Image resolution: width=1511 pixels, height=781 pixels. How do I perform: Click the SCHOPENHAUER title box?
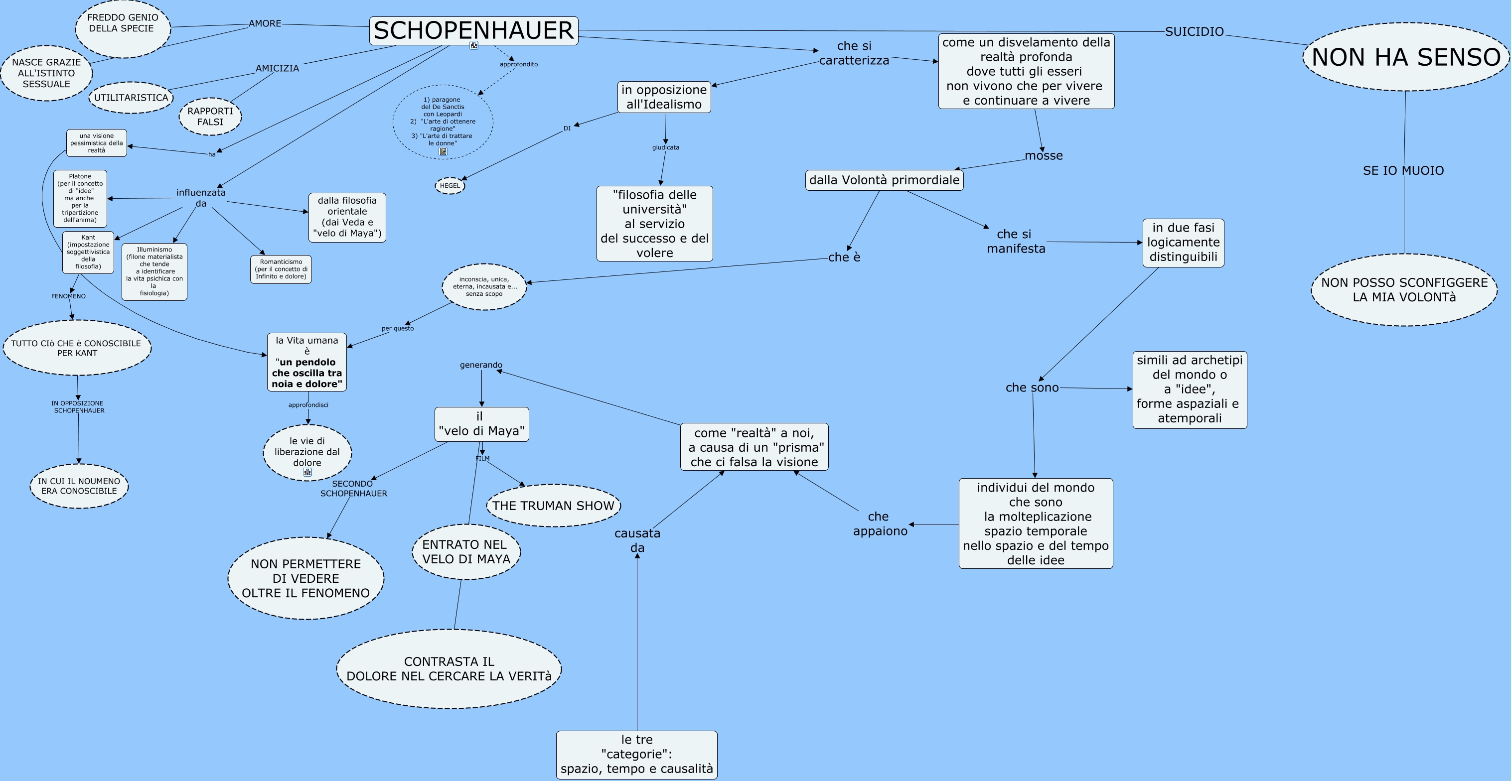473,30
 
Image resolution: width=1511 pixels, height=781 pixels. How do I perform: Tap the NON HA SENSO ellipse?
1405,57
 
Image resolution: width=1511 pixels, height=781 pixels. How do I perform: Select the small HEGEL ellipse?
450,186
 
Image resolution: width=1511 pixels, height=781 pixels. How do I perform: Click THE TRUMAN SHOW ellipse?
553,506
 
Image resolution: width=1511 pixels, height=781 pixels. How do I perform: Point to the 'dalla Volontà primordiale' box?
884,180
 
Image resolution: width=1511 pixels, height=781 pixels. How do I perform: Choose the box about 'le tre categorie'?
636,755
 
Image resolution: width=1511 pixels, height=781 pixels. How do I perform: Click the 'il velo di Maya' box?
481,424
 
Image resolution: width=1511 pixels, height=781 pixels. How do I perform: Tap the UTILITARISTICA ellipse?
131,97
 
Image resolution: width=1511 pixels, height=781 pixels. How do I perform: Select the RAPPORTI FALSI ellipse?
210,116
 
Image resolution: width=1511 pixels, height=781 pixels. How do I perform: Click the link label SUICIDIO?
1194,32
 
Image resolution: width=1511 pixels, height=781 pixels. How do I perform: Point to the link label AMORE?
265,23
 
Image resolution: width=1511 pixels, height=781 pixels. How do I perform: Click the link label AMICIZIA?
277,68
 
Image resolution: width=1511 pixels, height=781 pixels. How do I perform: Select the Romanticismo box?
281,269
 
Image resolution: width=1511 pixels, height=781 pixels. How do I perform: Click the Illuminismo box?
154,271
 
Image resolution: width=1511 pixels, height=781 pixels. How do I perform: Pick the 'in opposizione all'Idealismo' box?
664,97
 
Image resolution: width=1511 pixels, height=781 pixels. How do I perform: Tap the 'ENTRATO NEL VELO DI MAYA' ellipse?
466,552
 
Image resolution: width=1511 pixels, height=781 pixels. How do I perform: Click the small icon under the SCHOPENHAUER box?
474,45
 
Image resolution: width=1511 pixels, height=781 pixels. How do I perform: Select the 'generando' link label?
481,365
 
